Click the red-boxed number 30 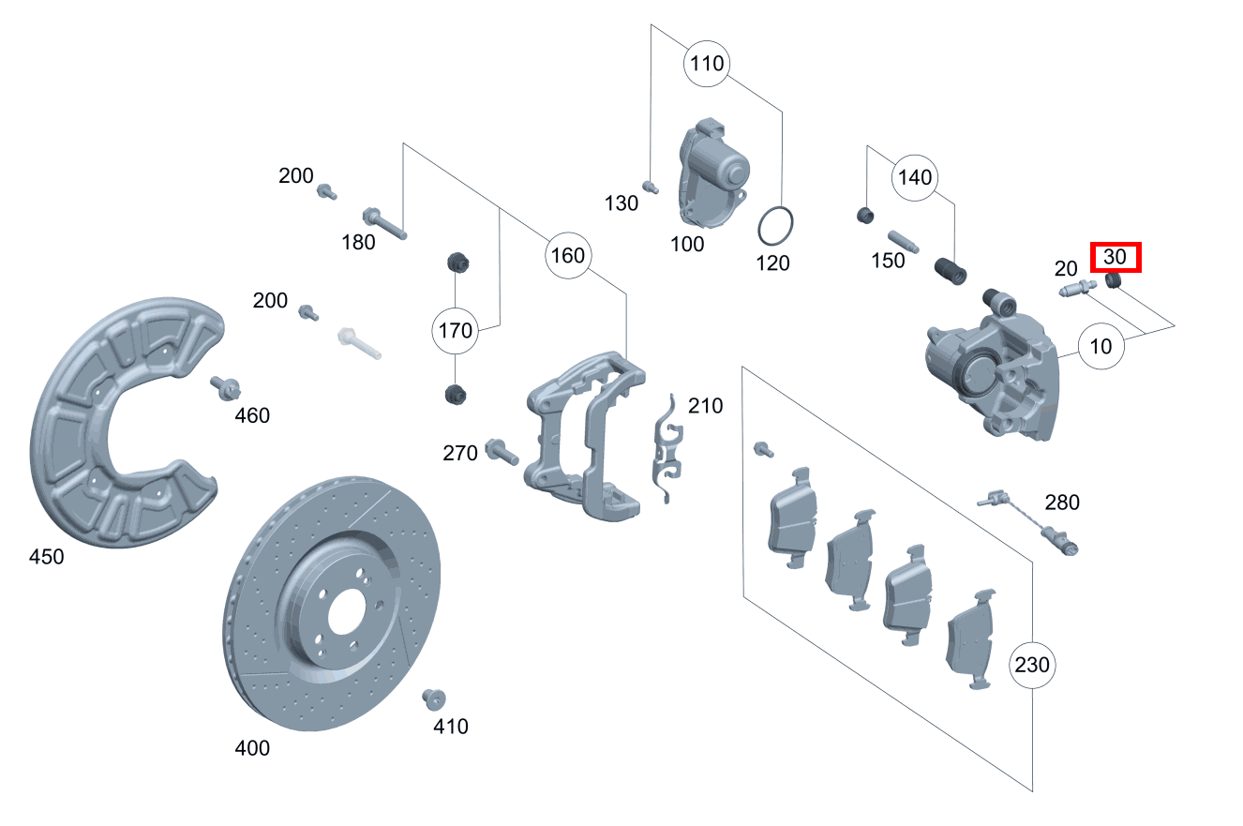click(1116, 257)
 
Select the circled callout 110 click(707, 64)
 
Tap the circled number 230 click(1033, 666)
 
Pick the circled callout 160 click(567, 255)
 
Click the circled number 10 click(1101, 346)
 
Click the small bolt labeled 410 click(434, 698)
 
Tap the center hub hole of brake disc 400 click(343, 610)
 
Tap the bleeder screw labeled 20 click(1077, 290)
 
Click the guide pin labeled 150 click(903, 234)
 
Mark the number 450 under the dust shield click(46, 557)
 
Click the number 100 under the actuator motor click(687, 245)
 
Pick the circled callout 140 click(915, 177)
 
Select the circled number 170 click(455, 329)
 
